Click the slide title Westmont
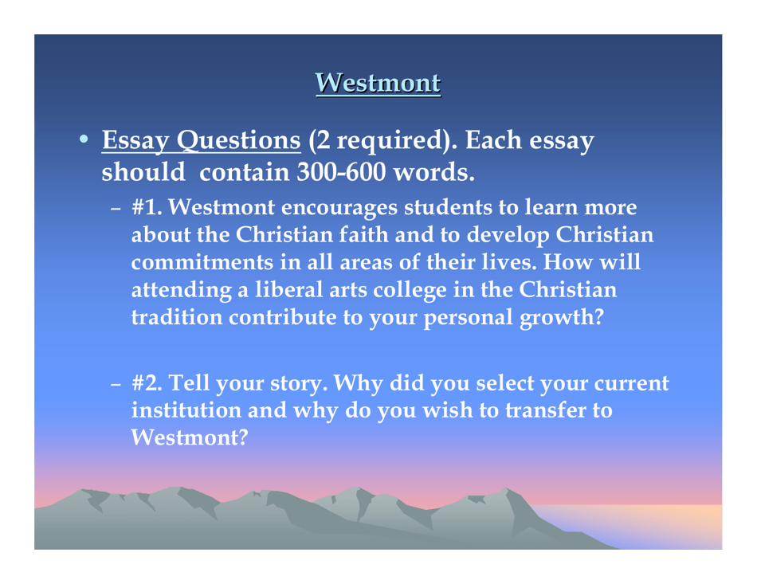(x=378, y=82)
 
